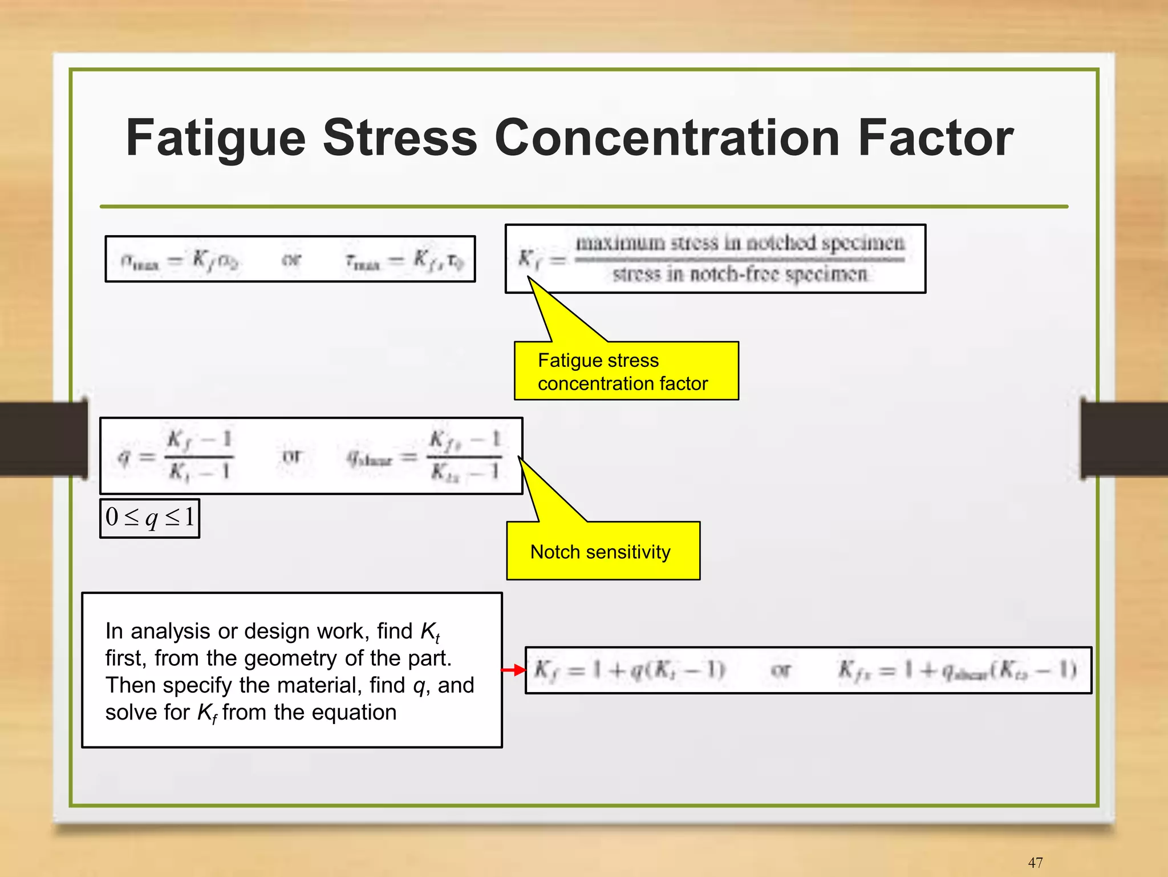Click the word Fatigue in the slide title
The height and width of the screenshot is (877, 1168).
pyautogui.click(x=216, y=139)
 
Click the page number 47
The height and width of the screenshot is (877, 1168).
pyautogui.click(x=1035, y=862)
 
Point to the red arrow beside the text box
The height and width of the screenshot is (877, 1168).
pyautogui.click(x=513, y=670)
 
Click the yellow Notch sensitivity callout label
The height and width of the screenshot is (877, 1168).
pyautogui.click(x=601, y=552)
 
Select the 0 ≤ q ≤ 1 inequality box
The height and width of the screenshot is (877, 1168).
pyautogui.click(x=150, y=518)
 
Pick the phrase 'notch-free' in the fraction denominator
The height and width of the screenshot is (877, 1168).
pyautogui.click(x=732, y=275)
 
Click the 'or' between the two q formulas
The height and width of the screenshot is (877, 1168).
pyautogui.click(x=291, y=456)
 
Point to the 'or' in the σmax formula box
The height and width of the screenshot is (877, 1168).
pyautogui.click(x=291, y=260)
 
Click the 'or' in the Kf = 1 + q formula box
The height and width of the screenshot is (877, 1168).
pyautogui.click(x=780, y=670)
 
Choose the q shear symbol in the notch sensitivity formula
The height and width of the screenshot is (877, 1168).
pyautogui.click(x=370, y=458)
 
